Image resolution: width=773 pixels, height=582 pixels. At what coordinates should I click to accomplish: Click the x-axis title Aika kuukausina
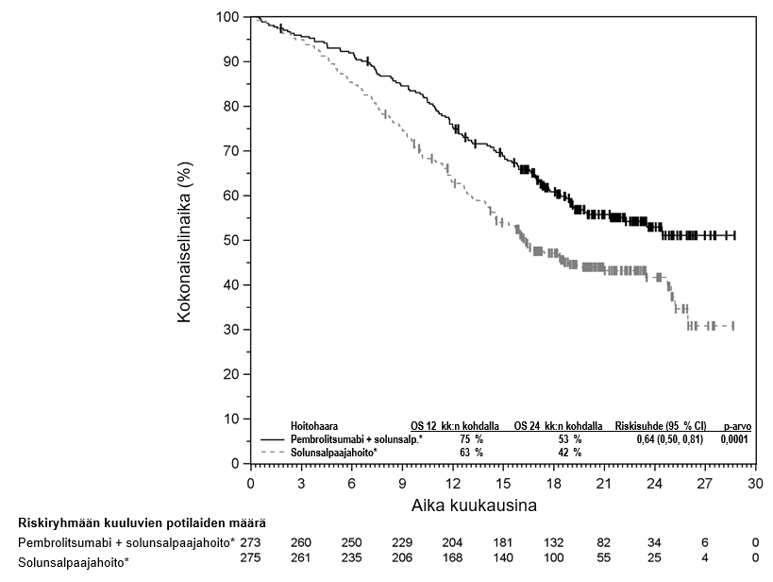click(x=474, y=505)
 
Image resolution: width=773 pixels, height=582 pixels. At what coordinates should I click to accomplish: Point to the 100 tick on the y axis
click(x=227, y=17)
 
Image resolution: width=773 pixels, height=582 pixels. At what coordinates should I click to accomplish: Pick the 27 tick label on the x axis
click(x=704, y=483)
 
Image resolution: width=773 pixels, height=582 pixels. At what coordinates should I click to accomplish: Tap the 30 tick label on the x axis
click(x=754, y=483)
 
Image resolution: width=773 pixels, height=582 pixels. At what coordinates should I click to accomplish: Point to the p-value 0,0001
click(x=734, y=439)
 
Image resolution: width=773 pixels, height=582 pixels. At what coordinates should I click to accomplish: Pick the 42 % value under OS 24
click(x=570, y=453)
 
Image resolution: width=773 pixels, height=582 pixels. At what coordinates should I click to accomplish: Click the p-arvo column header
click(x=736, y=426)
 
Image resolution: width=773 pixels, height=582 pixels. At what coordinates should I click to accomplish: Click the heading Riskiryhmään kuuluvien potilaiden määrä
click(x=142, y=522)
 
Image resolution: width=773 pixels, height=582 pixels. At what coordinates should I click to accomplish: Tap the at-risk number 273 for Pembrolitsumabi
click(x=250, y=542)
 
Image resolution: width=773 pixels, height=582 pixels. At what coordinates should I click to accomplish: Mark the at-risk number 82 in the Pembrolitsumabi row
click(x=603, y=542)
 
